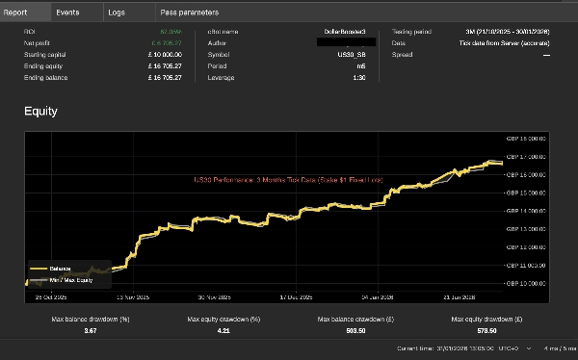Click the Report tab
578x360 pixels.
click(x=15, y=13)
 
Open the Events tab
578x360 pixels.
click(x=67, y=13)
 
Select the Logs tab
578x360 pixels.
click(x=116, y=13)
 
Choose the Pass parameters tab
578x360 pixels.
click(x=189, y=13)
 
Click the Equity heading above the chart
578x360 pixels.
click(x=40, y=112)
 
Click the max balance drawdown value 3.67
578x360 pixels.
click(x=91, y=330)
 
